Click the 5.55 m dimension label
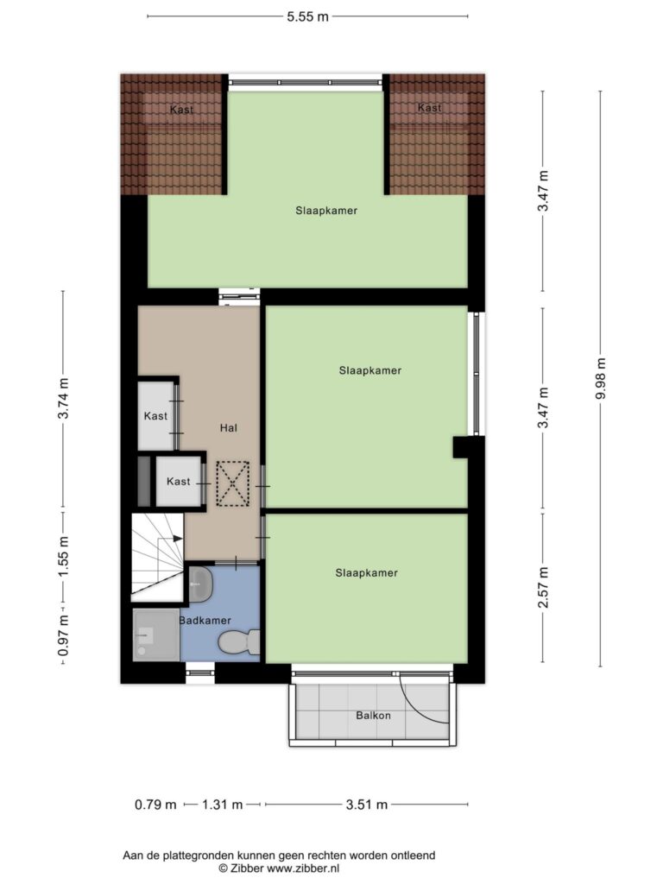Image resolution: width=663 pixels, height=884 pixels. (307, 16)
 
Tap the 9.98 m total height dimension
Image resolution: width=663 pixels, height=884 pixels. (601, 378)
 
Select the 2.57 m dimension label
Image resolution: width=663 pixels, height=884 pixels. (544, 587)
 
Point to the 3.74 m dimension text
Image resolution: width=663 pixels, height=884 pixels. (64, 398)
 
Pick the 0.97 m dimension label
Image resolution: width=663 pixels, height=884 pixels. (64, 635)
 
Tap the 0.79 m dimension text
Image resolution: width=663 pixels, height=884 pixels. (155, 805)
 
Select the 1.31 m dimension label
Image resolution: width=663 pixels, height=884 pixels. (222, 805)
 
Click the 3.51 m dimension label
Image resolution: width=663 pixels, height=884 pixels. (366, 805)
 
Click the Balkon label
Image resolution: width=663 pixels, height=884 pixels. (373, 716)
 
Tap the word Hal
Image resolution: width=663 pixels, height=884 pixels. (228, 428)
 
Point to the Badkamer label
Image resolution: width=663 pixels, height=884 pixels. (205, 621)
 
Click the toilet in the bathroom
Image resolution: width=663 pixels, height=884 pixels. (238, 642)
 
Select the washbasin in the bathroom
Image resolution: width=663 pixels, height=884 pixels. (200, 584)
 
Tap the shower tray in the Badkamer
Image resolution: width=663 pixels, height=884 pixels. (156, 635)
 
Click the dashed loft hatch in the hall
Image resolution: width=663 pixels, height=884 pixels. (233, 483)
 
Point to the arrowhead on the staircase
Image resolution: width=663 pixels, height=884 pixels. (178, 539)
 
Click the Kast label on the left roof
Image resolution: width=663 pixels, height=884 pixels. (181, 110)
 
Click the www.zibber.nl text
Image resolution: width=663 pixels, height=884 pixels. (303, 868)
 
